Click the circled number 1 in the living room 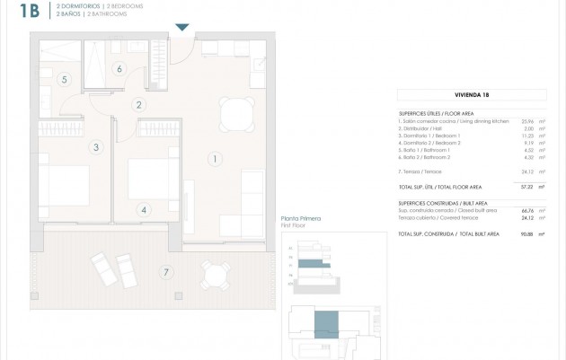tap(214, 159)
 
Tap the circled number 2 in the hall tap(139, 105)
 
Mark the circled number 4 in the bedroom tap(144, 210)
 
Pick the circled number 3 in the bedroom tap(94, 146)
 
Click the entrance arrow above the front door tap(182, 27)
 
